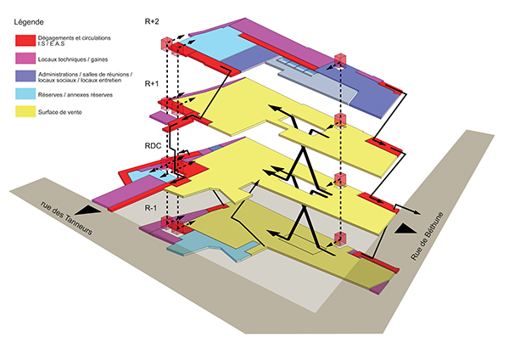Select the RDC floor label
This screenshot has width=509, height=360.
click(x=154, y=145)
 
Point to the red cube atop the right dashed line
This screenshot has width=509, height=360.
click(x=340, y=60)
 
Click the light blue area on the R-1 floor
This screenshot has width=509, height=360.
click(x=204, y=242)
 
